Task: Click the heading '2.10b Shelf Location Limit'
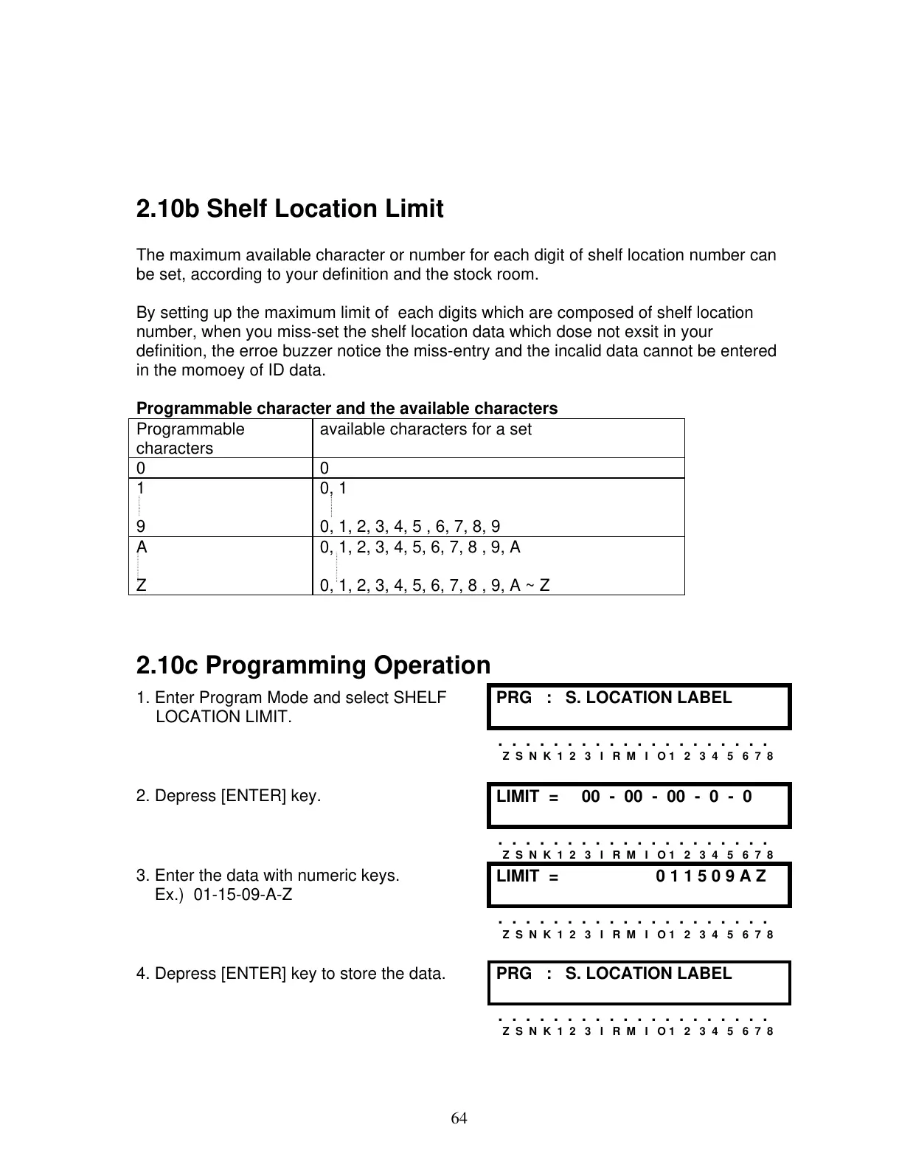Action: click(290, 209)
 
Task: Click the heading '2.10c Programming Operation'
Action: click(313, 665)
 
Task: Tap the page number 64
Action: click(459, 1118)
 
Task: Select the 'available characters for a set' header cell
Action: click(426, 429)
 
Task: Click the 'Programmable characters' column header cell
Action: click(190, 438)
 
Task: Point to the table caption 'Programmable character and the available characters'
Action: click(347, 408)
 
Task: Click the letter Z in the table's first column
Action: click(141, 586)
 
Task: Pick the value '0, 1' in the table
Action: click(333, 488)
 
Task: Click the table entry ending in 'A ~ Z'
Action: click(434, 586)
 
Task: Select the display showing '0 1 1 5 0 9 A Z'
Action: click(639, 884)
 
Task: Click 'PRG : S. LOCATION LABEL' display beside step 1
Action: click(639, 705)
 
